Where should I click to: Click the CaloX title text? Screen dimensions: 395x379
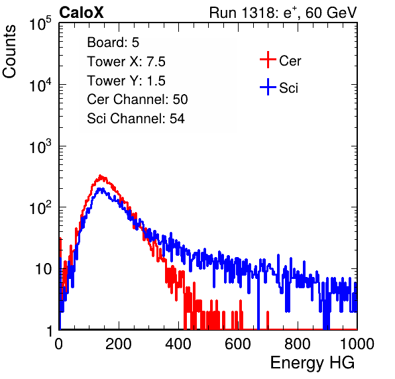click(81, 13)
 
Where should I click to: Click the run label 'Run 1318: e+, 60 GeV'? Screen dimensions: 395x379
click(283, 13)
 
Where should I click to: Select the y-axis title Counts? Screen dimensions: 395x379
click(9, 52)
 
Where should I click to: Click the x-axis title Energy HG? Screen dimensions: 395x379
click(312, 363)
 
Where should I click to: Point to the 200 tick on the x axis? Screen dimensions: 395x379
click(119, 344)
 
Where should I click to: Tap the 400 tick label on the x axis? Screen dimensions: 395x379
click(178, 344)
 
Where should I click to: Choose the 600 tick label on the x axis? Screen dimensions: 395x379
click(238, 344)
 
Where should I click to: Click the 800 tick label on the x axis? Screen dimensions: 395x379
click(298, 344)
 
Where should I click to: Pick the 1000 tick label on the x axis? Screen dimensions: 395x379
click(357, 344)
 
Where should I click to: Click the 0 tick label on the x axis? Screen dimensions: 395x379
click(59, 344)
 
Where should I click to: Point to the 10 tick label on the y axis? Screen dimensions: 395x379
click(44, 269)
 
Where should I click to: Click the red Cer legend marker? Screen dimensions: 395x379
click(268, 60)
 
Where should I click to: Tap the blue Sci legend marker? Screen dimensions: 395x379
click(268, 87)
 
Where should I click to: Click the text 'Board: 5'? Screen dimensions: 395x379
click(113, 42)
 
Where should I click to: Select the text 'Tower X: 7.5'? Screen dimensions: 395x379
click(126, 62)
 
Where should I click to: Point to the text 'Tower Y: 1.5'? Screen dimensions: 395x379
click(126, 81)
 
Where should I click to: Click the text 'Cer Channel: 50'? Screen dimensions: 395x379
click(137, 99)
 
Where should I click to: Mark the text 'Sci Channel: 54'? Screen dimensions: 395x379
click(136, 119)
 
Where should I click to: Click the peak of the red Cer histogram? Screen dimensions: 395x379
click(101, 176)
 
